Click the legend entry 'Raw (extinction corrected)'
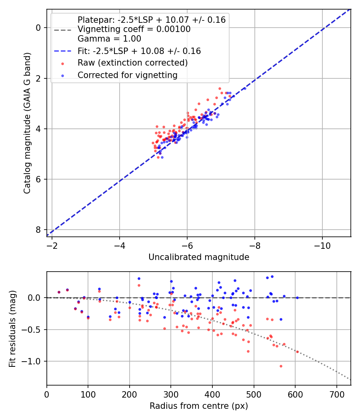coord(132,63)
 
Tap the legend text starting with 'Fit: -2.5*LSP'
coord(139,51)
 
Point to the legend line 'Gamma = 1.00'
coord(109,39)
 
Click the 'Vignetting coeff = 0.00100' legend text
coord(134,29)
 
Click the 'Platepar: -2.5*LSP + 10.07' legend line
coord(152,20)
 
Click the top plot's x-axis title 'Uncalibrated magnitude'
coord(199,257)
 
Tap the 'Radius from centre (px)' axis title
coord(199,406)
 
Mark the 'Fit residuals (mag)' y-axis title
coord(13,328)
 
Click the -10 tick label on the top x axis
coord(322,245)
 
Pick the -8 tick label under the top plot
coord(255,245)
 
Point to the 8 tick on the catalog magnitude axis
coord(38,230)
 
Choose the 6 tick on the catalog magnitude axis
coord(38,179)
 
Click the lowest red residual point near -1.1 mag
coord(281,366)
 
